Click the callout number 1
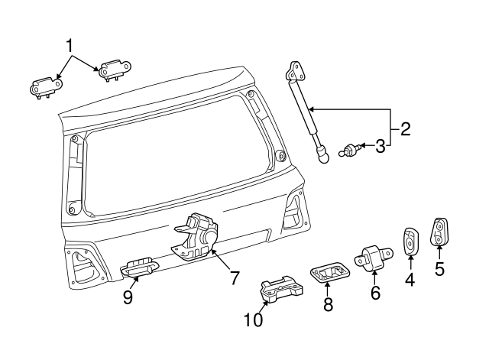click(x=70, y=45)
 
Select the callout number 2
click(x=405, y=128)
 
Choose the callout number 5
click(x=439, y=268)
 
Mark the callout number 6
click(x=375, y=292)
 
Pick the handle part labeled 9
click(x=139, y=266)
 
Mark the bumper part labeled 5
click(x=440, y=232)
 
